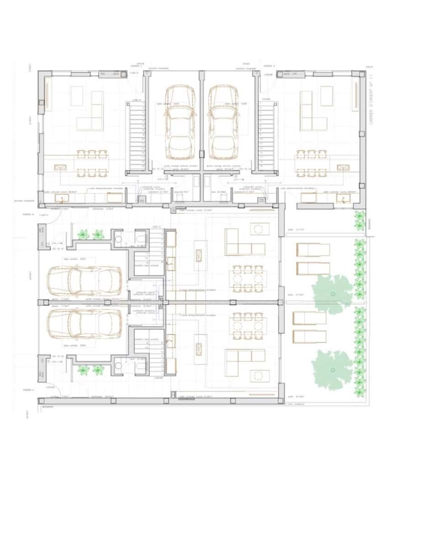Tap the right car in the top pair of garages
click(x=223, y=121)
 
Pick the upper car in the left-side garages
click(x=85, y=281)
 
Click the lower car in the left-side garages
click(x=85, y=323)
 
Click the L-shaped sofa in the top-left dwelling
click(x=92, y=114)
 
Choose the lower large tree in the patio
click(x=333, y=369)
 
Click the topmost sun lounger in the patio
click(x=313, y=250)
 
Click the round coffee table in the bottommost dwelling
click(x=259, y=376)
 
